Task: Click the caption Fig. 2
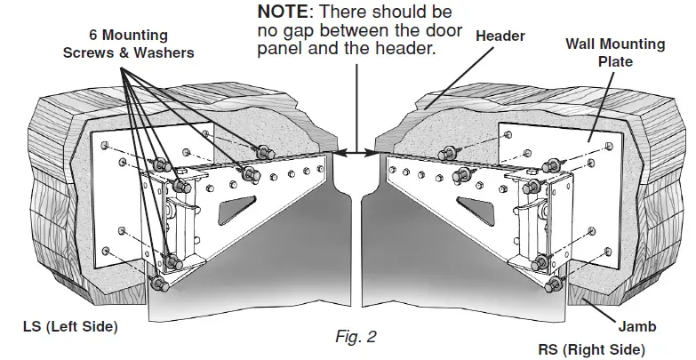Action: pos(357,337)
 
